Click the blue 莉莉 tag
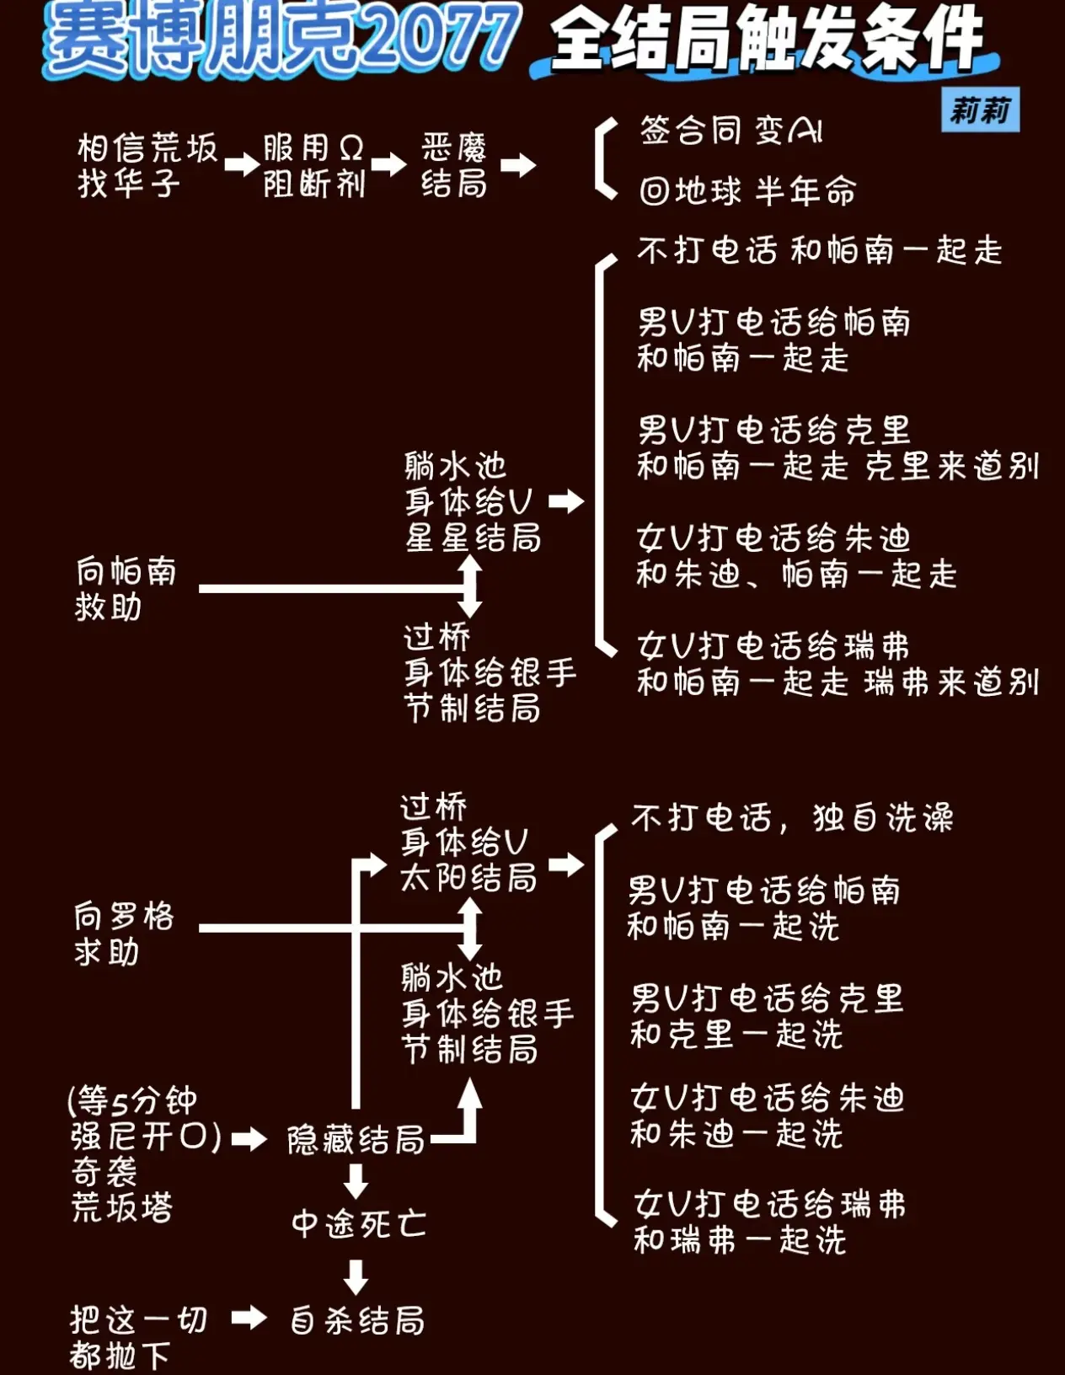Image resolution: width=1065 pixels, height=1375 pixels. [980, 110]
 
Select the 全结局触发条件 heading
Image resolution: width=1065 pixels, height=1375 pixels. [767, 40]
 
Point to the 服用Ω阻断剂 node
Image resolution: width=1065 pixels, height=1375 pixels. [314, 166]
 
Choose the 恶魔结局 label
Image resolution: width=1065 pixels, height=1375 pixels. [454, 166]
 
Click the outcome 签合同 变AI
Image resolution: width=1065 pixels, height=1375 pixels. [731, 131]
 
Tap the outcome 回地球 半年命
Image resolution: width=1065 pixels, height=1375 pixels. [747, 190]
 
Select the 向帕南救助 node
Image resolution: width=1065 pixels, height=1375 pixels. [126, 588]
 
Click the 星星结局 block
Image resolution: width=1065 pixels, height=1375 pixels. [473, 502]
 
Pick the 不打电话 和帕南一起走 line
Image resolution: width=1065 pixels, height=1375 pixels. [820, 250]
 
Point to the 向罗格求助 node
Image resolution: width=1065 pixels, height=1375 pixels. [124, 934]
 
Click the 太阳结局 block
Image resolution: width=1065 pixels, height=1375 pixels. [469, 843]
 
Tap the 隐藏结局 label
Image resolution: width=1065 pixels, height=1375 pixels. [356, 1140]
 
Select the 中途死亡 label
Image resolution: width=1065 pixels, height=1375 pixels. [359, 1224]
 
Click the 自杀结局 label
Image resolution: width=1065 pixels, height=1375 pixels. [357, 1320]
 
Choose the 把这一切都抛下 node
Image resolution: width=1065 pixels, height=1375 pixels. [138, 1338]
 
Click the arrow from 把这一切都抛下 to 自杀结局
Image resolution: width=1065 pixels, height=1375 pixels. [249, 1319]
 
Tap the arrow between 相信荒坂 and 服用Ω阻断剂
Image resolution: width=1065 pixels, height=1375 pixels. [243, 164]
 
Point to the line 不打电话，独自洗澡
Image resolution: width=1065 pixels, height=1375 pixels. [792, 817]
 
